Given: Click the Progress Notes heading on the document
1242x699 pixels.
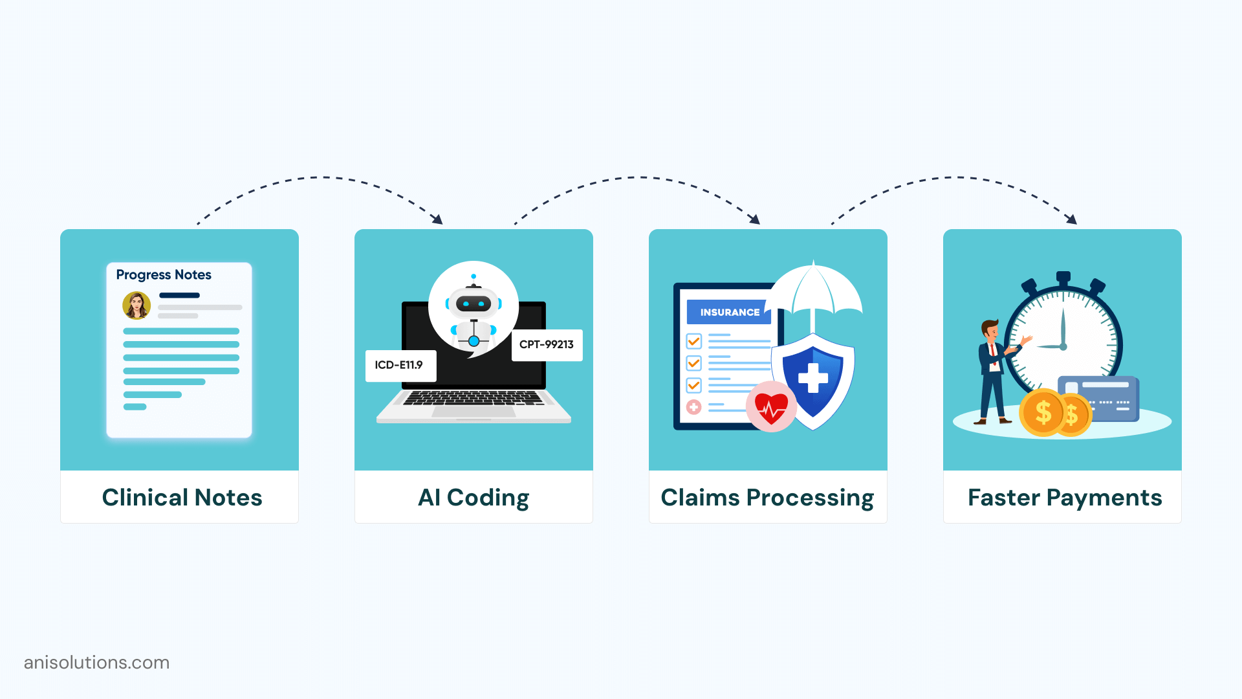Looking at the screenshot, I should point(164,275).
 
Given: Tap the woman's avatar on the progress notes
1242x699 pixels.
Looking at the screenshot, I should point(136,305).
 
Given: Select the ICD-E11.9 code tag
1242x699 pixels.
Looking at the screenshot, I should point(400,366).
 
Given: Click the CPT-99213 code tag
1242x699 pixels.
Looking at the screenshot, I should point(547,345).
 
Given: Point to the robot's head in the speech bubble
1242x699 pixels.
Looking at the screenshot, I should point(474,302).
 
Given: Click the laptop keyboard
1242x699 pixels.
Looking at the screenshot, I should point(473,398).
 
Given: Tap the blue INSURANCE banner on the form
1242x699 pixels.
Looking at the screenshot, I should point(729,313).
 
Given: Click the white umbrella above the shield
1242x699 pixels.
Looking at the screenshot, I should point(813,291).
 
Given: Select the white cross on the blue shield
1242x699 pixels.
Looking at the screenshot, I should point(813,378).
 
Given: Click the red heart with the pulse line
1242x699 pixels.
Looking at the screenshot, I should point(771,406).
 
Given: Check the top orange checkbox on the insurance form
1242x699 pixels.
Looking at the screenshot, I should point(694,341).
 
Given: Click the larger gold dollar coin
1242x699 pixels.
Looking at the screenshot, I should point(1042,412).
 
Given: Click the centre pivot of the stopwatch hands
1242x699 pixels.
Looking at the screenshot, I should point(1063,347).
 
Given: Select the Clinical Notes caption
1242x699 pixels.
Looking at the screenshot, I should point(182,498).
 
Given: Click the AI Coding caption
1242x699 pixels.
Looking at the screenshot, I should point(474,498).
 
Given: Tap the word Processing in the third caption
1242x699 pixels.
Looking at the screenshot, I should point(810,498).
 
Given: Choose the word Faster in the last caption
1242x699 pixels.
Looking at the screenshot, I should point(1003,498).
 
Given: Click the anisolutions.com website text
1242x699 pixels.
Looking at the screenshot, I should point(96,663).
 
